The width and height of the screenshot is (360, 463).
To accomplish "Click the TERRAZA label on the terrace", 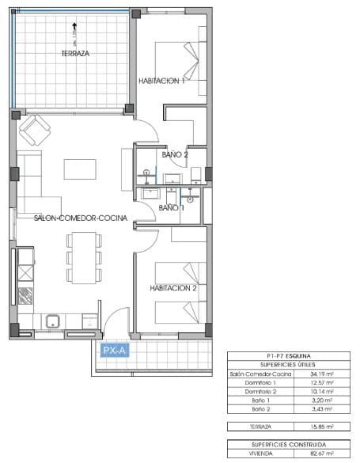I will click(x=75, y=54).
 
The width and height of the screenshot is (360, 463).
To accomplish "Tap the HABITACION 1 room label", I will click(x=161, y=81).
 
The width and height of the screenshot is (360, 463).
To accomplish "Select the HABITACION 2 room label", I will click(x=172, y=288).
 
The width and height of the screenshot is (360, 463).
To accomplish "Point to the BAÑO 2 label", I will click(x=175, y=155).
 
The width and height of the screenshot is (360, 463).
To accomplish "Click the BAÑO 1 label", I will click(x=172, y=207).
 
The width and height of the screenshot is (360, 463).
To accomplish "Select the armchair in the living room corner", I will click(x=34, y=129).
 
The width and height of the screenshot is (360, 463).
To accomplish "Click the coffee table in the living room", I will click(x=81, y=169).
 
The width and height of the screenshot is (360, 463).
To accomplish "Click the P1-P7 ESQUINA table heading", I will click(x=288, y=356).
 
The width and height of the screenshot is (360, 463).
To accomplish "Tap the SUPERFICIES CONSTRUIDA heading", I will click(x=288, y=446).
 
